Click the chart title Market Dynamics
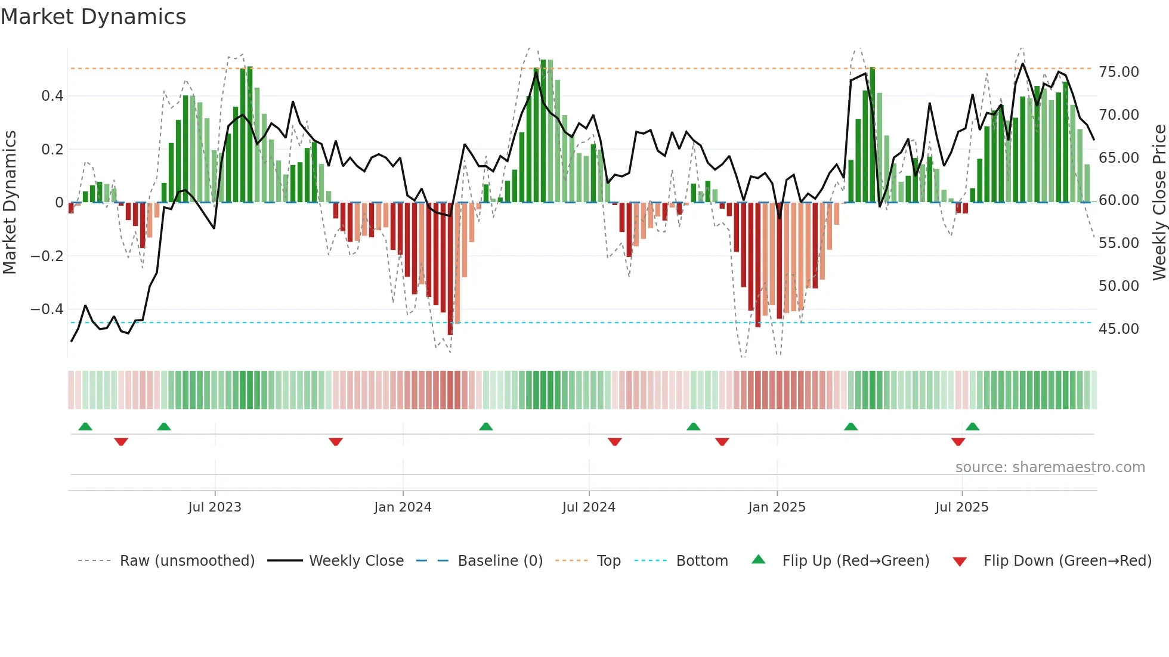point(93,17)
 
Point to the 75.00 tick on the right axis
point(1118,72)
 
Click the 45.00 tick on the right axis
point(1118,329)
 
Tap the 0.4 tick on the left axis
point(52,96)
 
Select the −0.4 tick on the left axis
point(47,309)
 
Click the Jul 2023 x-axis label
point(214,507)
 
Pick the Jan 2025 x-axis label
point(777,507)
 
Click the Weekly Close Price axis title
point(1159,203)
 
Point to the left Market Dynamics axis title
point(10,203)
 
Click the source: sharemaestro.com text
point(1050,467)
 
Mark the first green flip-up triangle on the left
point(85,426)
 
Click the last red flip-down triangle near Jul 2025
point(958,442)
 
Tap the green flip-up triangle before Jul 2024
point(486,426)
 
